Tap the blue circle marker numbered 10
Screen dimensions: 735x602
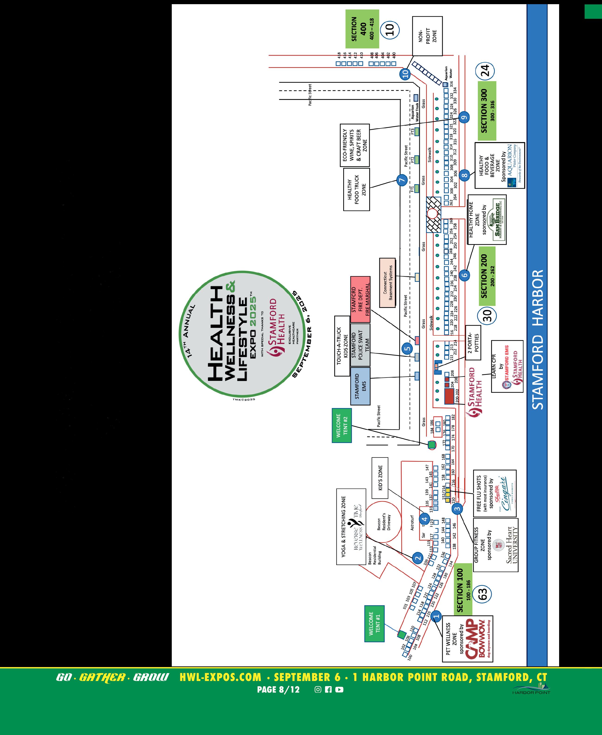pos(405,73)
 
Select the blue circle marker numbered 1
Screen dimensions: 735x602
pos(436,616)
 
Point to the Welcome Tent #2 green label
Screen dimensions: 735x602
pos(342,425)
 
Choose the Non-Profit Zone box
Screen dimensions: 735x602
pos(427,36)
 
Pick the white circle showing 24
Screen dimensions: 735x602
pos(485,71)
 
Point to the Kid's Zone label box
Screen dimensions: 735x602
pos(379,478)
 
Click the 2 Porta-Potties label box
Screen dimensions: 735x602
pos(473,343)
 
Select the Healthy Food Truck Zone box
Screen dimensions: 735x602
pos(357,190)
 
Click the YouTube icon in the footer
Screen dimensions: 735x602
pos(339,689)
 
